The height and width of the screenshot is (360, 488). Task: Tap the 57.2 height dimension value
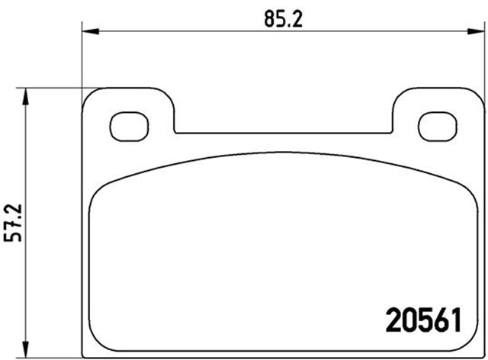pos(11,223)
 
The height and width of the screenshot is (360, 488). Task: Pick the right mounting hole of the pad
pos(435,127)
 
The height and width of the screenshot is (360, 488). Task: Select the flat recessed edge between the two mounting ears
pos(284,132)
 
